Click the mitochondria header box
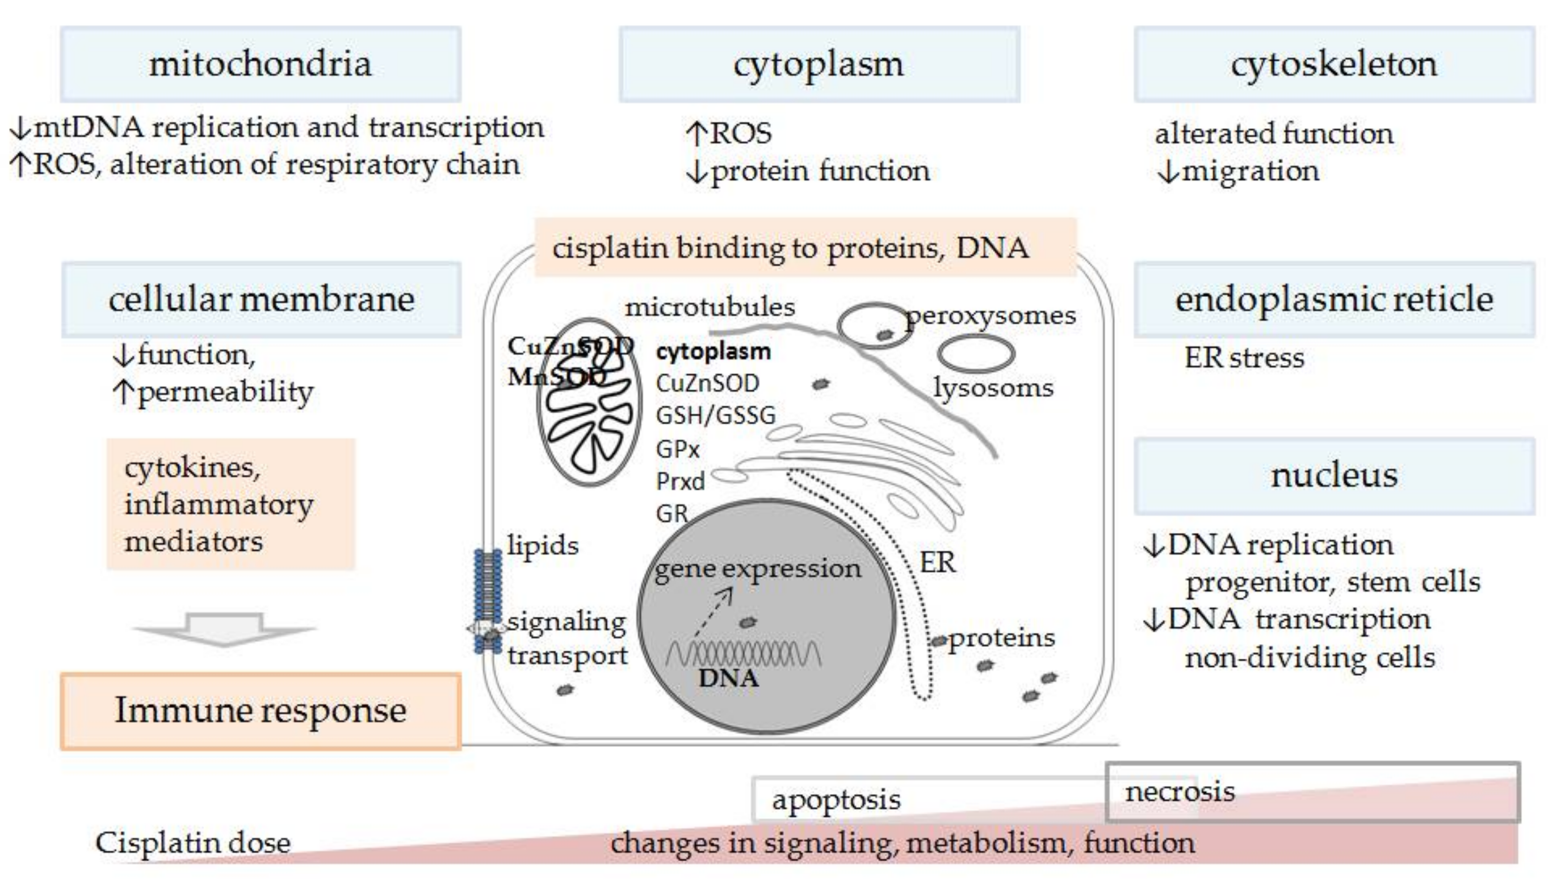(260, 64)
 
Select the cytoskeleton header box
(1334, 64)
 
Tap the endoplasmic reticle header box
(1334, 300)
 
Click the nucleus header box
(1334, 476)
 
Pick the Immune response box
(260, 711)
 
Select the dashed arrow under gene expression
(713, 612)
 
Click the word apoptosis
(836, 800)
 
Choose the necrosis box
(1311, 792)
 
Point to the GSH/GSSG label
(715, 415)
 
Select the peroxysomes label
(991, 316)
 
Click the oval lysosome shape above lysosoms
(976, 354)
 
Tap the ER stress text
(1244, 358)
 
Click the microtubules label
(710, 307)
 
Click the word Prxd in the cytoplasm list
(680, 482)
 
